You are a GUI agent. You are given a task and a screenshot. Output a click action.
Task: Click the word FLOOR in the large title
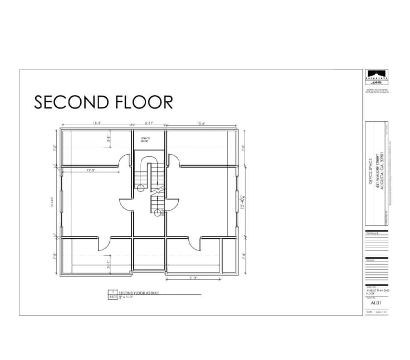(x=143, y=102)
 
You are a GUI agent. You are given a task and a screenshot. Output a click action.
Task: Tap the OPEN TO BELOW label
(x=145, y=140)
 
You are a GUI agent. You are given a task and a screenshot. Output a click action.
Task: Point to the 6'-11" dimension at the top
(x=149, y=123)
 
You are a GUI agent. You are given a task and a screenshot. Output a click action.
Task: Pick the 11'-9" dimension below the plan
(x=193, y=278)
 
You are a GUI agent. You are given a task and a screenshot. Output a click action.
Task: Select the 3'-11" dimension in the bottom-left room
(x=109, y=265)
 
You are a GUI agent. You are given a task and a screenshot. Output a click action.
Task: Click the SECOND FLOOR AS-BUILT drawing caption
(x=137, y=292)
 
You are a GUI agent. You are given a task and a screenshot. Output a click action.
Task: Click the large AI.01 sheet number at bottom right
(x=375, y=304)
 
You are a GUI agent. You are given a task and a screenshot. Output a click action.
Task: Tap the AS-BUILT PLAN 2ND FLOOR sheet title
(x=376, y=292)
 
